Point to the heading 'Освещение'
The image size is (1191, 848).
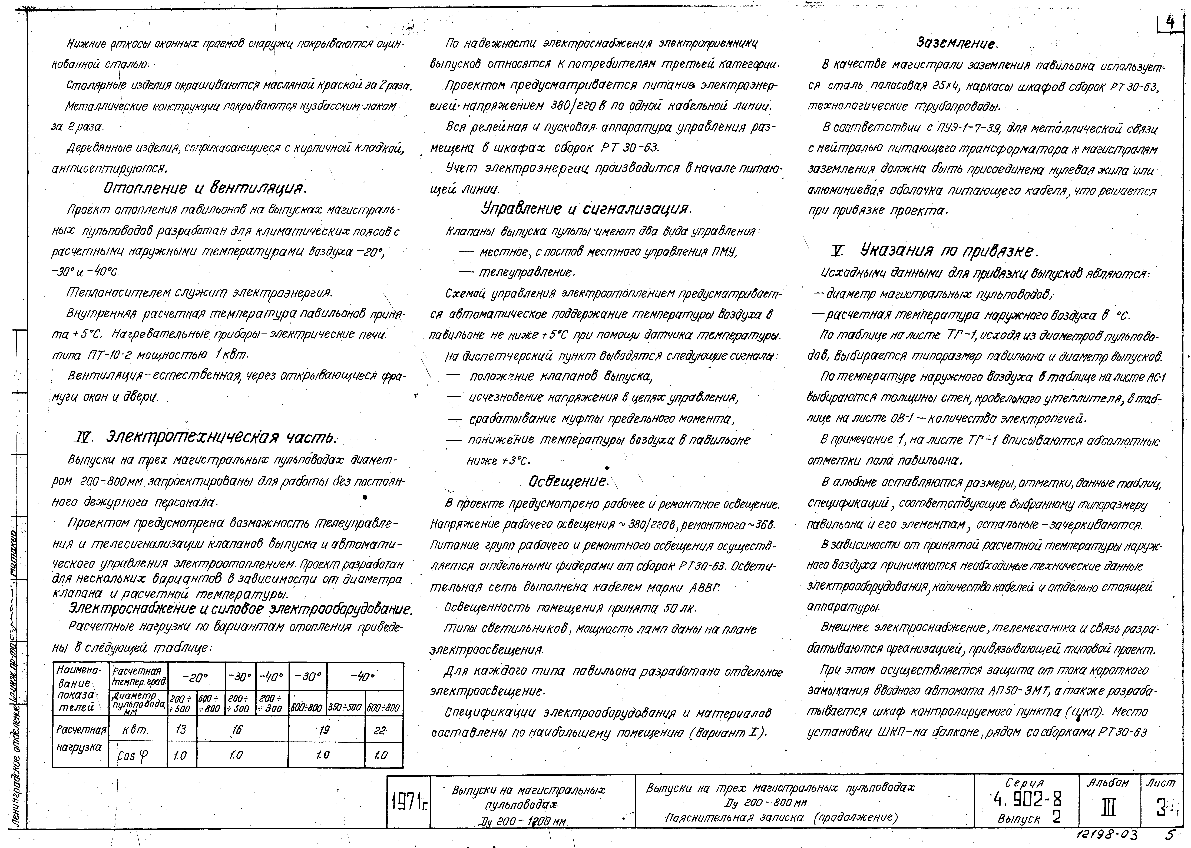point(568,480)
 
